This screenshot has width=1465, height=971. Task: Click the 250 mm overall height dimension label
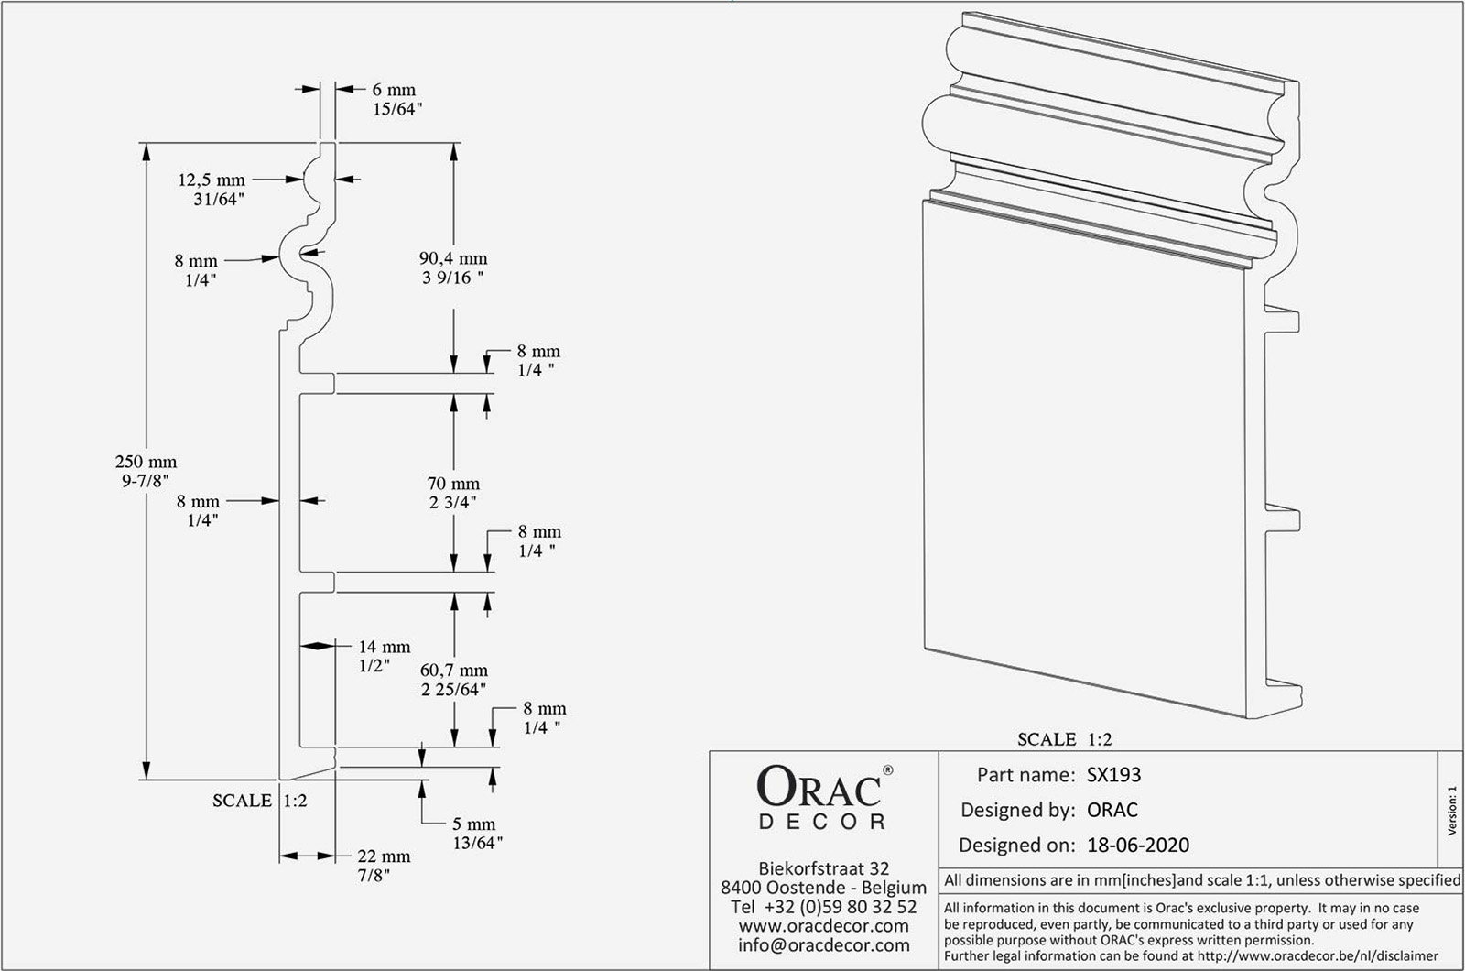click(x=146, y=471)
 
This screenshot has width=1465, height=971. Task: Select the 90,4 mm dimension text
click(x=453, y=268)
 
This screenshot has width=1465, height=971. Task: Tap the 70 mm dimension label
click(x=453, y=493)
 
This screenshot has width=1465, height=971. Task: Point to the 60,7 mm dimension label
click(x=454, y=680)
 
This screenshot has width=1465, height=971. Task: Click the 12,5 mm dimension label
click(x=212, y=189)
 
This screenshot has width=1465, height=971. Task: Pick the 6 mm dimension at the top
click(x=397, y=100)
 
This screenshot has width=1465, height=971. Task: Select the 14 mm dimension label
click(x=384, y=656)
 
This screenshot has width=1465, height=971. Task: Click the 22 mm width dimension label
click(x=384, y=866)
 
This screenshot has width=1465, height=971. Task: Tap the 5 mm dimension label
click(x=477, y=833)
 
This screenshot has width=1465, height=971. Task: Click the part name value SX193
click(x=1113, y=775)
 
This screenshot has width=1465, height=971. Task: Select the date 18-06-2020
click(x=1138, y=845)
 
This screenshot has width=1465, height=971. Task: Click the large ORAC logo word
click(x=819, y=787)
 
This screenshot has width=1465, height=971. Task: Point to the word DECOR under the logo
click(x=822, y=822)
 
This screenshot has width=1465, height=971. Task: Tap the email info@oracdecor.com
click(x=824, y=944)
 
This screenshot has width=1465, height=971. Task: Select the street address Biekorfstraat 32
click(x=824, y=868)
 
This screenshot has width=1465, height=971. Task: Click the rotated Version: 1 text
click(x=1452, y=811)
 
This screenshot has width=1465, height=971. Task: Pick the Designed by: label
click(x=1017, y=810)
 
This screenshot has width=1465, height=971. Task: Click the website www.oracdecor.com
click(x=824, y=926)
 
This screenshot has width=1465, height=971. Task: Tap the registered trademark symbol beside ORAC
click(x=887, y=770)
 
